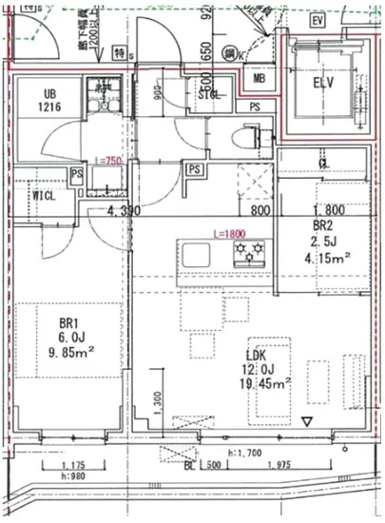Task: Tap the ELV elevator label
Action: tap(326, 82)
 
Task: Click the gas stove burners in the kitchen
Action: tap(251, 253)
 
